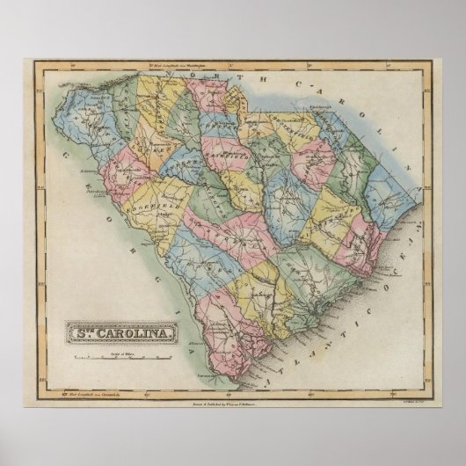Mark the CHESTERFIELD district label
[295, 123]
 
